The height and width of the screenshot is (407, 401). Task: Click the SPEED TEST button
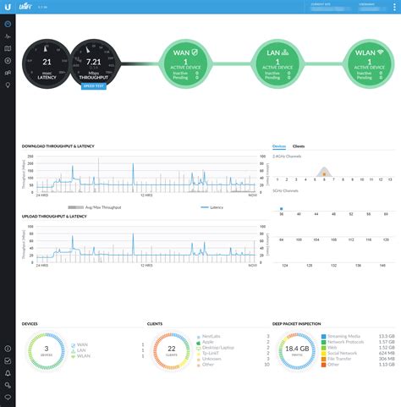(93, 86)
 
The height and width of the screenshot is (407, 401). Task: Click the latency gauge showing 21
(47, 64)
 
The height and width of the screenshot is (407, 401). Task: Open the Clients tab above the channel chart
(299, 146)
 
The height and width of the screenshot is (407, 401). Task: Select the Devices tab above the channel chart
(279, 146)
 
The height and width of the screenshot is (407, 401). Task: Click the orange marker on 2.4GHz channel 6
(324, 173)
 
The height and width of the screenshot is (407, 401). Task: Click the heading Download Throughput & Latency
(58, 146)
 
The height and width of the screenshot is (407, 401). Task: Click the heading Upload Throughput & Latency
(54, 217)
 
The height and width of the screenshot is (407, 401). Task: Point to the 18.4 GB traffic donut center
(296, 349)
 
